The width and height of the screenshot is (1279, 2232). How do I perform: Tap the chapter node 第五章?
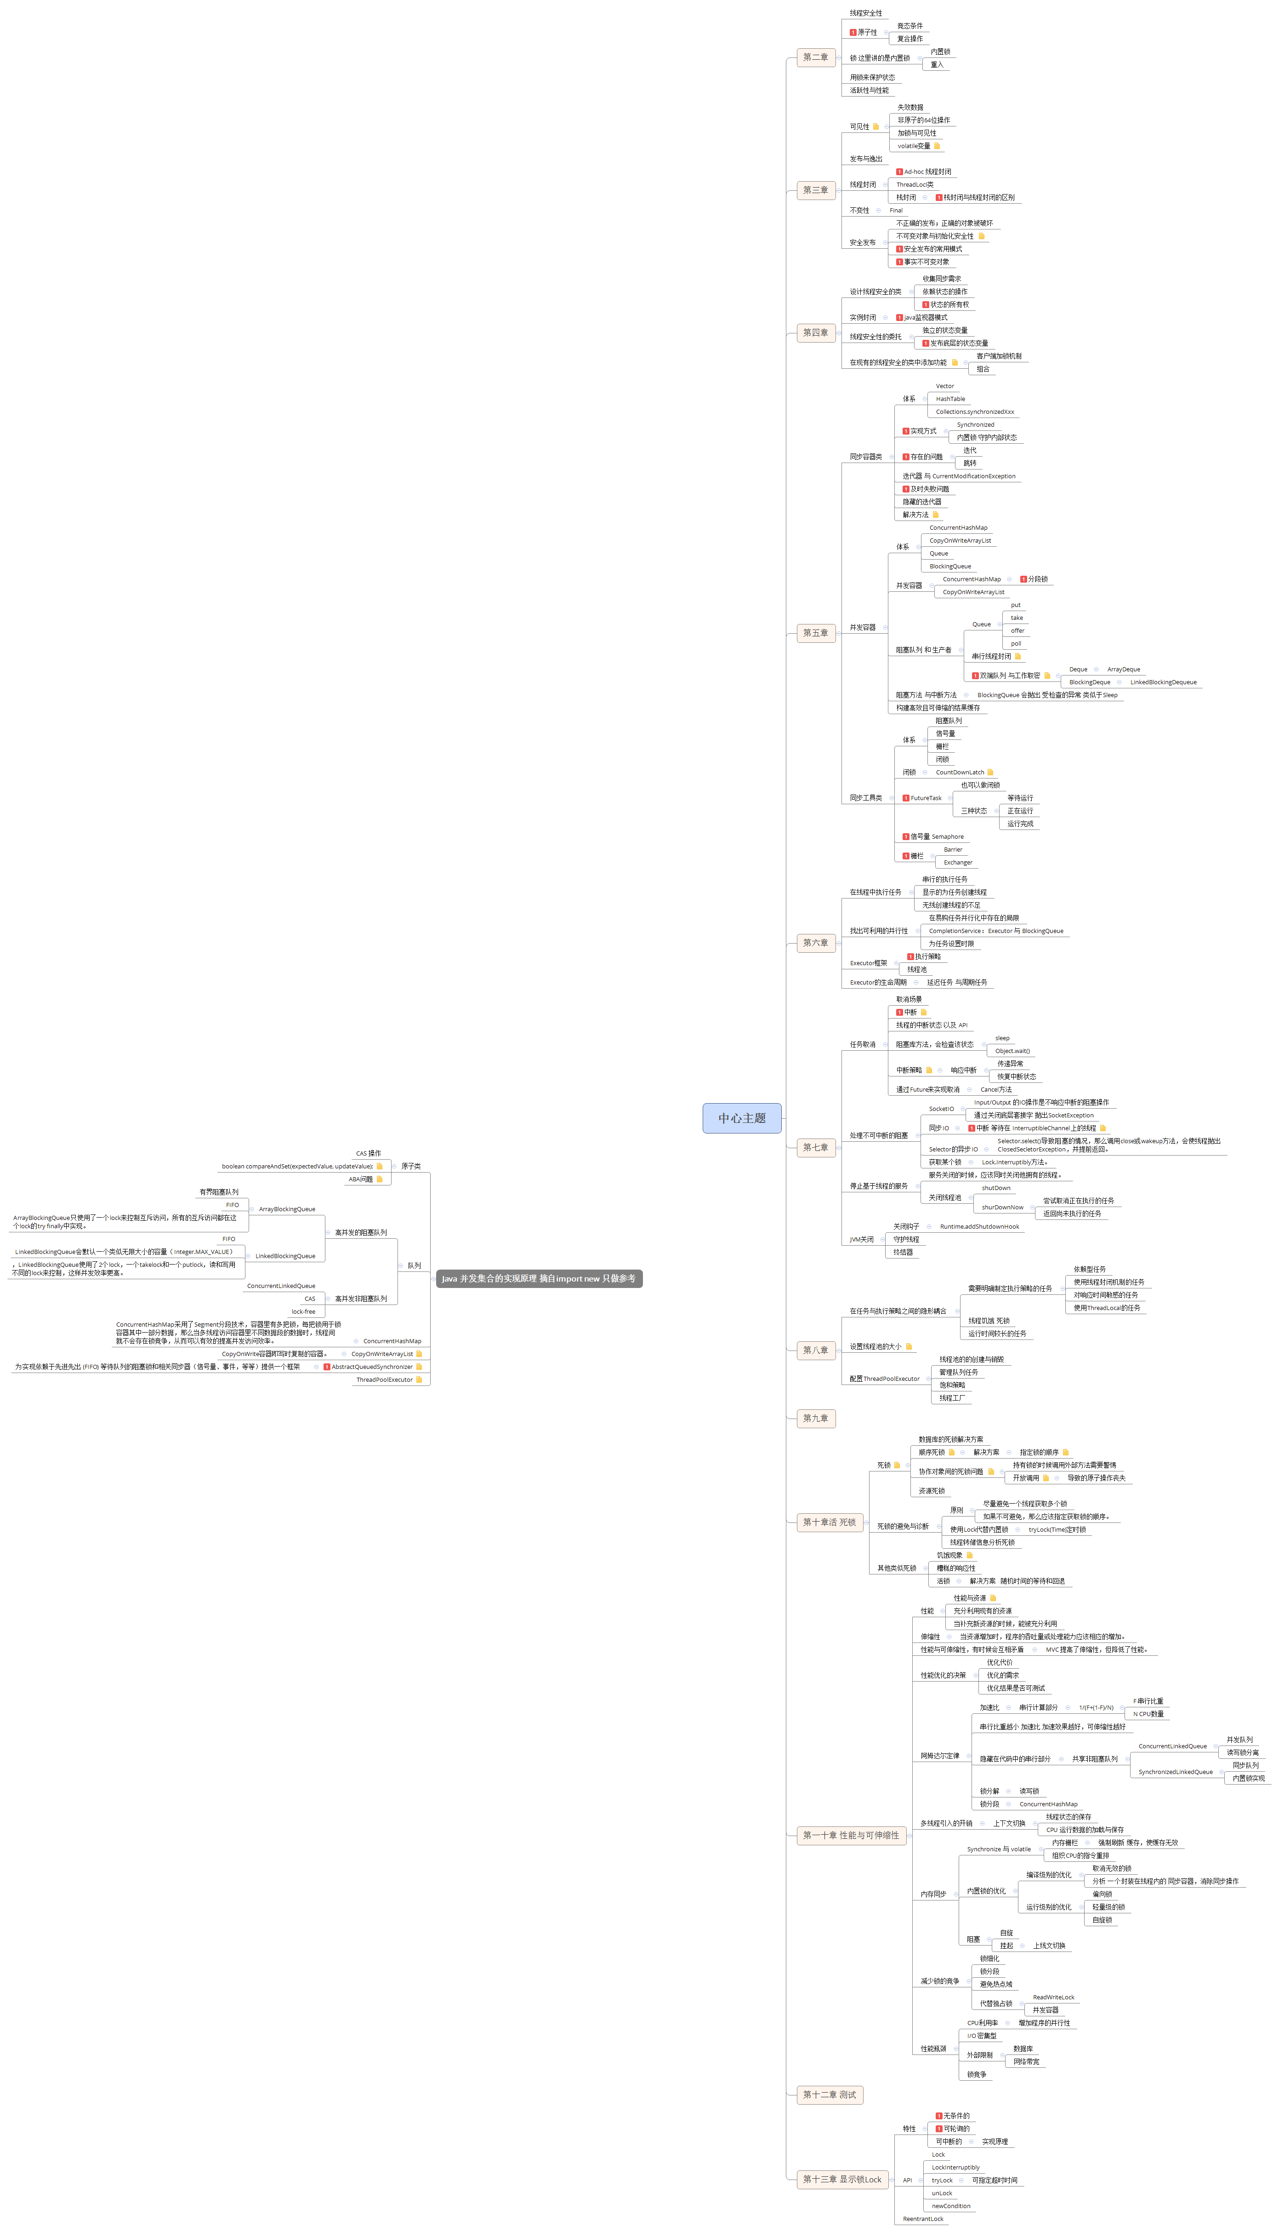pos(815,633)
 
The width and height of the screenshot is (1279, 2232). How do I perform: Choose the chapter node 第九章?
pos(815,1417)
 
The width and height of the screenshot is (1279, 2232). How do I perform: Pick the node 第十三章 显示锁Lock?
pos(841,2179)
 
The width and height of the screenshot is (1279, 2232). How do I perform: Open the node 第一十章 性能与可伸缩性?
pos(850,1835)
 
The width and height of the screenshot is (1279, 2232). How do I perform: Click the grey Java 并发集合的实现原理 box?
pos(539,1279)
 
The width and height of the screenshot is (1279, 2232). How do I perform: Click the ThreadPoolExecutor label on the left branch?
pos(384,1379)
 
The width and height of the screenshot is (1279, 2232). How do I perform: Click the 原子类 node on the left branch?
pos(410,1166)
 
